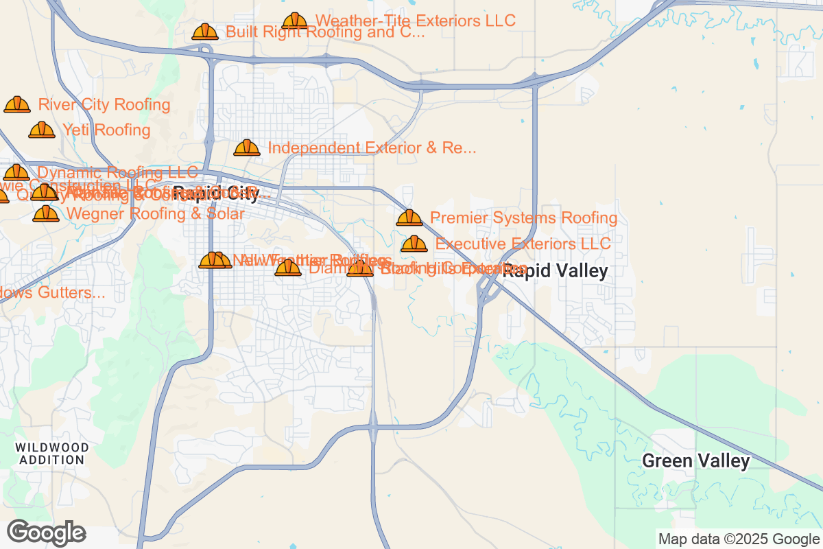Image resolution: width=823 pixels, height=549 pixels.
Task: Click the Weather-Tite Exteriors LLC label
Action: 415,21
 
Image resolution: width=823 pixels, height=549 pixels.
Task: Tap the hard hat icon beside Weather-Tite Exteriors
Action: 295,21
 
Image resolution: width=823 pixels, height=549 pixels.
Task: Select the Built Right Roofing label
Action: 325,32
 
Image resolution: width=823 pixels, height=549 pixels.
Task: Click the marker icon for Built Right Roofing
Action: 205,32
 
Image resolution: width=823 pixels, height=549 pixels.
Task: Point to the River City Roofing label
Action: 104,105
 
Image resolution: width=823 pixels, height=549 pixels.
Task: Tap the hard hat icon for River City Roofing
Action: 17,104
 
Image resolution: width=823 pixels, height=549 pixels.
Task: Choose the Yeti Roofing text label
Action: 106,130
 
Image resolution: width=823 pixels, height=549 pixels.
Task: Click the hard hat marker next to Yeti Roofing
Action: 42,130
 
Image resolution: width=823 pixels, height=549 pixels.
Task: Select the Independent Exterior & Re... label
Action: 372,148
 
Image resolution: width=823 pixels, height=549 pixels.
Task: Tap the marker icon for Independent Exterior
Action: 247,148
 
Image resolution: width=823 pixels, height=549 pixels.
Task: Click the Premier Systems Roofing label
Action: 523,218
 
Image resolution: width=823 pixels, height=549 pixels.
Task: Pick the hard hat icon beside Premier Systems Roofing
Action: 409,218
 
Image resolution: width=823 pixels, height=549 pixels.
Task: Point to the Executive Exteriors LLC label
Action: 523,244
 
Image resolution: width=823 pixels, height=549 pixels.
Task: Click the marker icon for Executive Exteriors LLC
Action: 414,244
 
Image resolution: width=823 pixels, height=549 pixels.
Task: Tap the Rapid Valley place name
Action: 556,272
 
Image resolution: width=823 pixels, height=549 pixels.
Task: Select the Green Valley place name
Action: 695,461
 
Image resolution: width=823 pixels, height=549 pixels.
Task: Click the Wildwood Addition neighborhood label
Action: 52,454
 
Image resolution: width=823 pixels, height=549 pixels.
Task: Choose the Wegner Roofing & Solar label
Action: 155,214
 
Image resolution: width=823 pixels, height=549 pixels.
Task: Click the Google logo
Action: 46,533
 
